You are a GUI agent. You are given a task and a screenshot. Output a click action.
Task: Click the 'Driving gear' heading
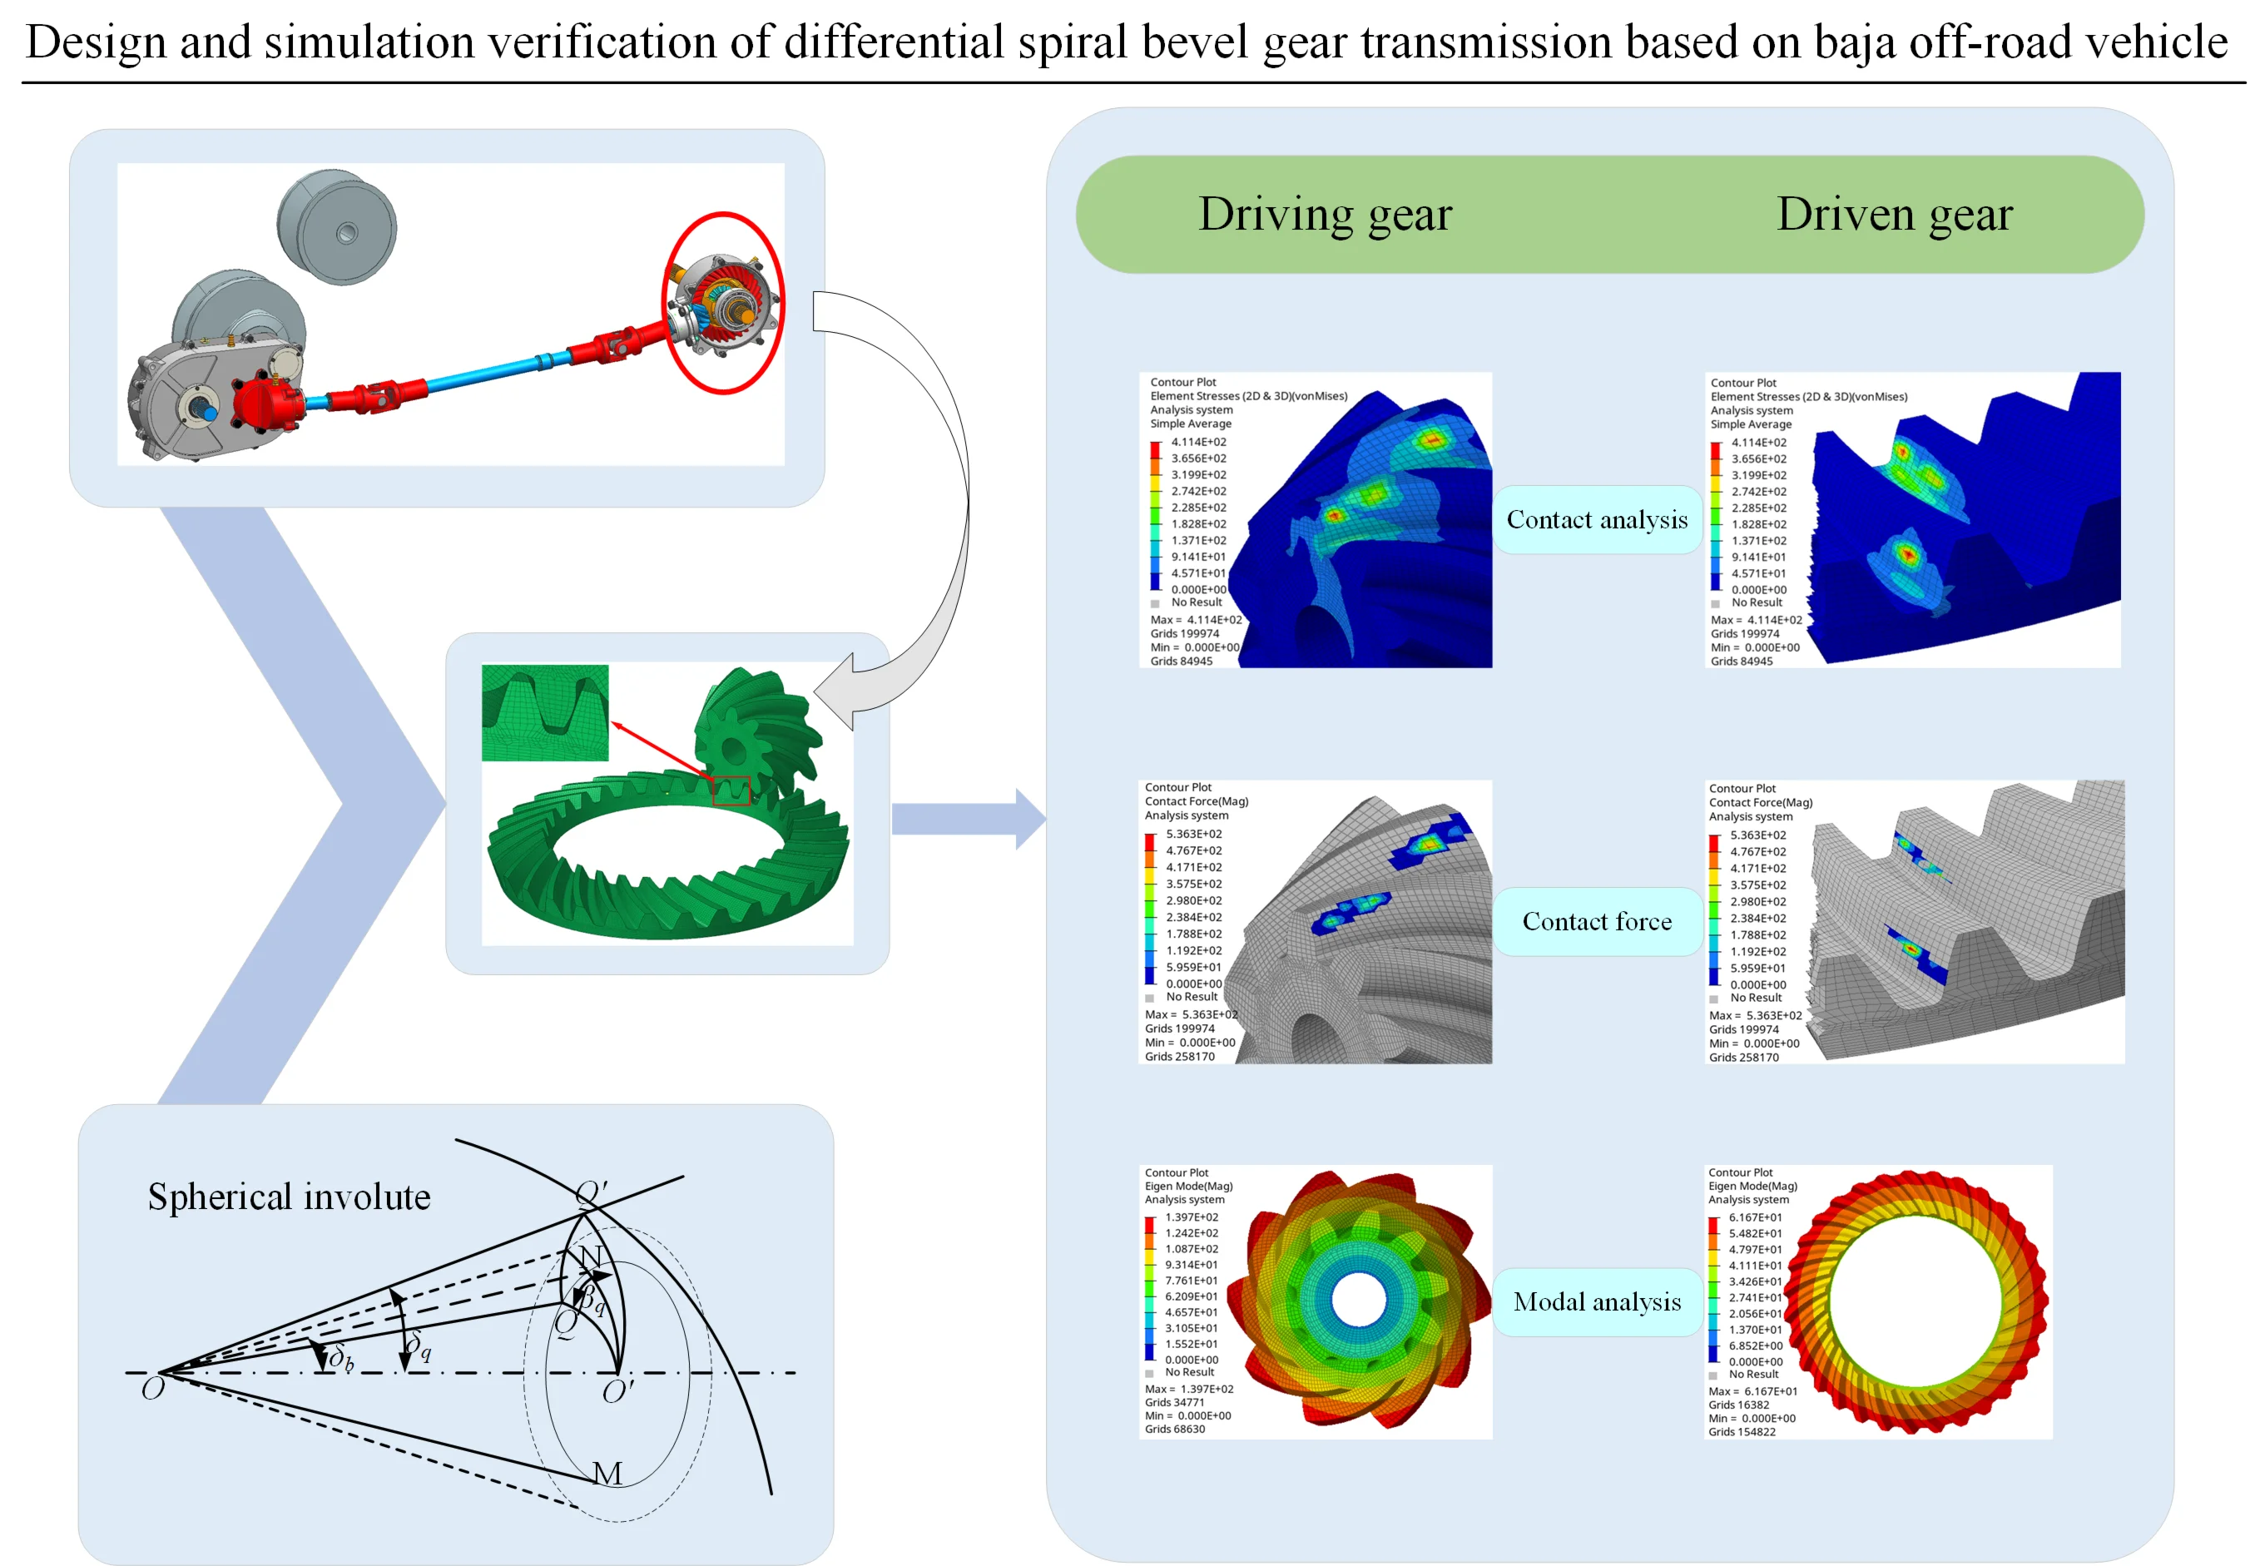coord(1324,214)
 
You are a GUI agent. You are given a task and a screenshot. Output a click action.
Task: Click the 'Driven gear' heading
coord(1893,214)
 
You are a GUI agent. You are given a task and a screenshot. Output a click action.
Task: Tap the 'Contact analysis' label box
coord(1596,519)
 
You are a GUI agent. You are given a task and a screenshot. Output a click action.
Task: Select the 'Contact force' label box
coord(1596,920)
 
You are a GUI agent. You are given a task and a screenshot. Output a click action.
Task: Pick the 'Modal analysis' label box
coord(1596,1301)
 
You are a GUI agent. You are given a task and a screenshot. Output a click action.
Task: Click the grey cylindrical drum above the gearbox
coord(336,228)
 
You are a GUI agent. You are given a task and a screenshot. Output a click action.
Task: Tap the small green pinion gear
coord(751,726)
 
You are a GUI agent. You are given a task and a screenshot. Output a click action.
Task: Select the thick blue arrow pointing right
coord(967,817)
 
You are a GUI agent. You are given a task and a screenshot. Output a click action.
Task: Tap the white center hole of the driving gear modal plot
coord(1358,1299)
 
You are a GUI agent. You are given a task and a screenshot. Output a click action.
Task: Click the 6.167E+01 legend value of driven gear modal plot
coord(1755,1217)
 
